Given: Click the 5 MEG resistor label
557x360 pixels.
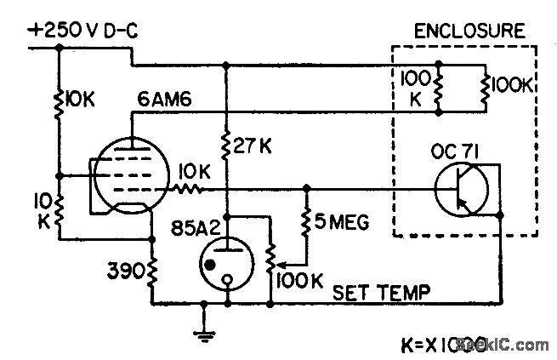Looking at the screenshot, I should click(x=344, y=224).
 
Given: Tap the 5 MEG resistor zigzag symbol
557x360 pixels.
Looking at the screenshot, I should click(x=306, y=223).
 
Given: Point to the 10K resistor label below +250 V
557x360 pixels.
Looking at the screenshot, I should click(x=81, y=100).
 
